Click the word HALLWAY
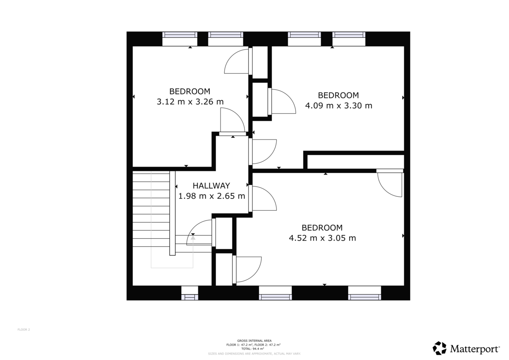click(x=211, y=186)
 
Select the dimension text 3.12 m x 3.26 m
click(x=190, y=102)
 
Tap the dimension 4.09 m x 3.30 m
click(x=338, y=106)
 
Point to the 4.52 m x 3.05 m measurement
click(x=322, y=238)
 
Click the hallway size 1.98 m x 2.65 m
click(x=212, y=196)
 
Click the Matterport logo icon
click(x=439, y=348)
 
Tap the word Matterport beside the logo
click(x=475, y=349)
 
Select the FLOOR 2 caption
click(x=24, y=329)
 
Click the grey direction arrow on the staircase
click(x=193, y=238)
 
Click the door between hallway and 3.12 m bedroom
click(x=232, y=121)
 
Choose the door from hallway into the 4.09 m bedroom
click(x=263, y=151)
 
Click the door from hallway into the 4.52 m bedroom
click(x=263, y=198)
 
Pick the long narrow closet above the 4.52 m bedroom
click(x=355, y=162)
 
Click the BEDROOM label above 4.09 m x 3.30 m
click(x=338, y=95)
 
